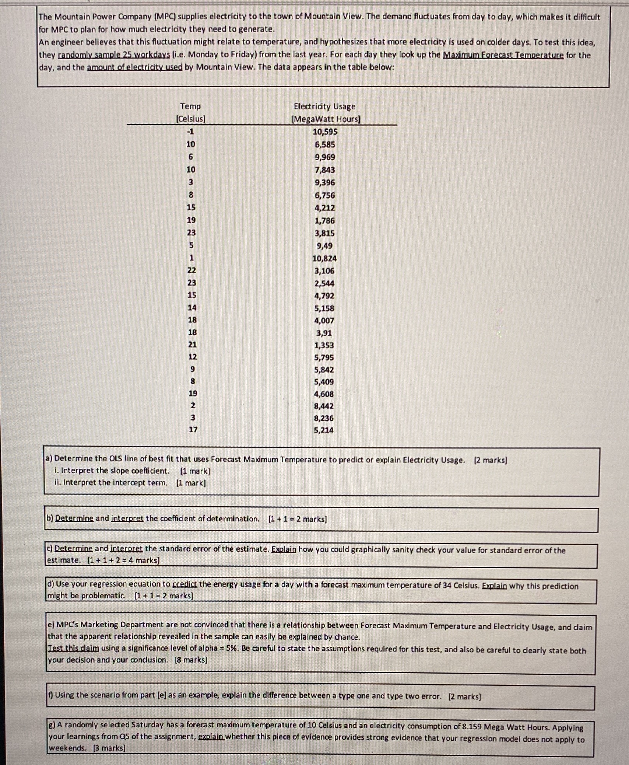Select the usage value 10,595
pos(325,132)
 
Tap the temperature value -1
pos(190,132)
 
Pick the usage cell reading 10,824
pos(324,259)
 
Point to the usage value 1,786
pos(324,221)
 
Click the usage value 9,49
pos(324,246)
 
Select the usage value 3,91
pos(324,333)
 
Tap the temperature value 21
pos(192,345)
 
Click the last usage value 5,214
pos(324,430)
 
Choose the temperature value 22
pos(192,270)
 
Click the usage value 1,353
pos(324,346)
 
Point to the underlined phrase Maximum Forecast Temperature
pos(503,55)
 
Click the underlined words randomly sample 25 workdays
pos(114,55)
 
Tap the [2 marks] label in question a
pos(490,460)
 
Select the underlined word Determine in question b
pos(74,518)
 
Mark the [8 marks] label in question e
pos(191,660)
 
